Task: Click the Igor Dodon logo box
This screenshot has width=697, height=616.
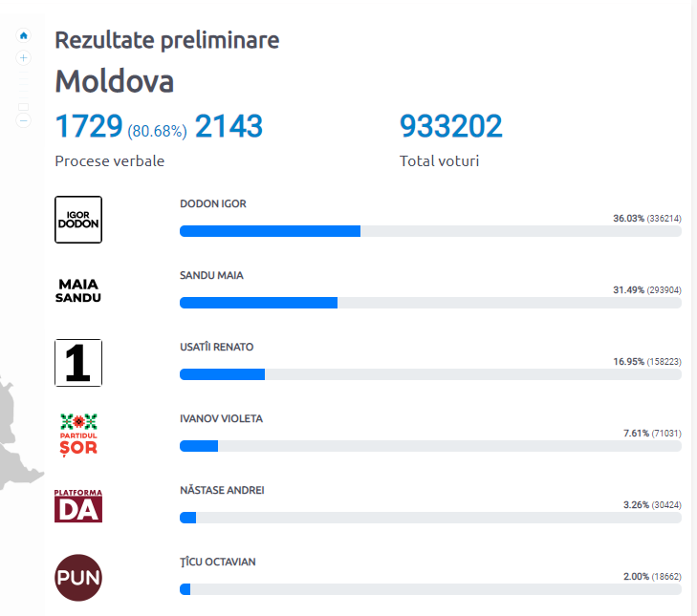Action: click(x=78, y=219)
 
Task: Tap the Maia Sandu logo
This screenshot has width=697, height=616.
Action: click(x=78, y=290)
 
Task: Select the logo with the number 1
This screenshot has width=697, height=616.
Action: click(x=78, y=363)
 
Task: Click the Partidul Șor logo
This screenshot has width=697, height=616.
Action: click(x=78, y=434)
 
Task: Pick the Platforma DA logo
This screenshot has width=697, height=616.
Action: click(x=78, y=505)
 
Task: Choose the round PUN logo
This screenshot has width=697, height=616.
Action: click(x=78, y=577)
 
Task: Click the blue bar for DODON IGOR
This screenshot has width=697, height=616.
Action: click(x=270, y=230)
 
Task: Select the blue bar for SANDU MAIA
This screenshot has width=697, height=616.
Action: click(x=258, y=303)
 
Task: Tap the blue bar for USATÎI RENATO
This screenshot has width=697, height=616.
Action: click(x=222, y=374)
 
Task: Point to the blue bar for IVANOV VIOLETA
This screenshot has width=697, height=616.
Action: click(x=199, y=446)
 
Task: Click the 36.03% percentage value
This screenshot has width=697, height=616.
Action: click(x=628, y=219)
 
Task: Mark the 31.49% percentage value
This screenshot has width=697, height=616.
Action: click(x=628, y=290)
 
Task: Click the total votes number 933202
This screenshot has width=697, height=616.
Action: click(x=450, y=126)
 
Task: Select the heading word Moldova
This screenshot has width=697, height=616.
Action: click(x=114, y=81)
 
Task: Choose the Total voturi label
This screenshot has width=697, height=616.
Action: click(x=439, y=160)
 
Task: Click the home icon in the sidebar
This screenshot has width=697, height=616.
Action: click(x=24, y=35)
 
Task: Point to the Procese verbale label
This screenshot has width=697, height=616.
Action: click(x=109, y=160)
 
